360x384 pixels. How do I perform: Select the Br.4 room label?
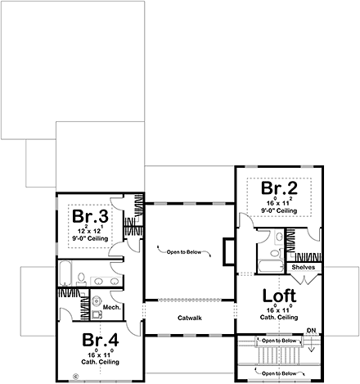pyautogui.click(x=101, y=340)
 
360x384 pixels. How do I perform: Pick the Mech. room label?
pyautogui.click(x=112, y=308)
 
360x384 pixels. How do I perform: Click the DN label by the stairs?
pyautogui.click(x=310, y=331)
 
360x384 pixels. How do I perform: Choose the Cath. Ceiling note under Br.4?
pyautogui.click(x=101, y=361)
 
